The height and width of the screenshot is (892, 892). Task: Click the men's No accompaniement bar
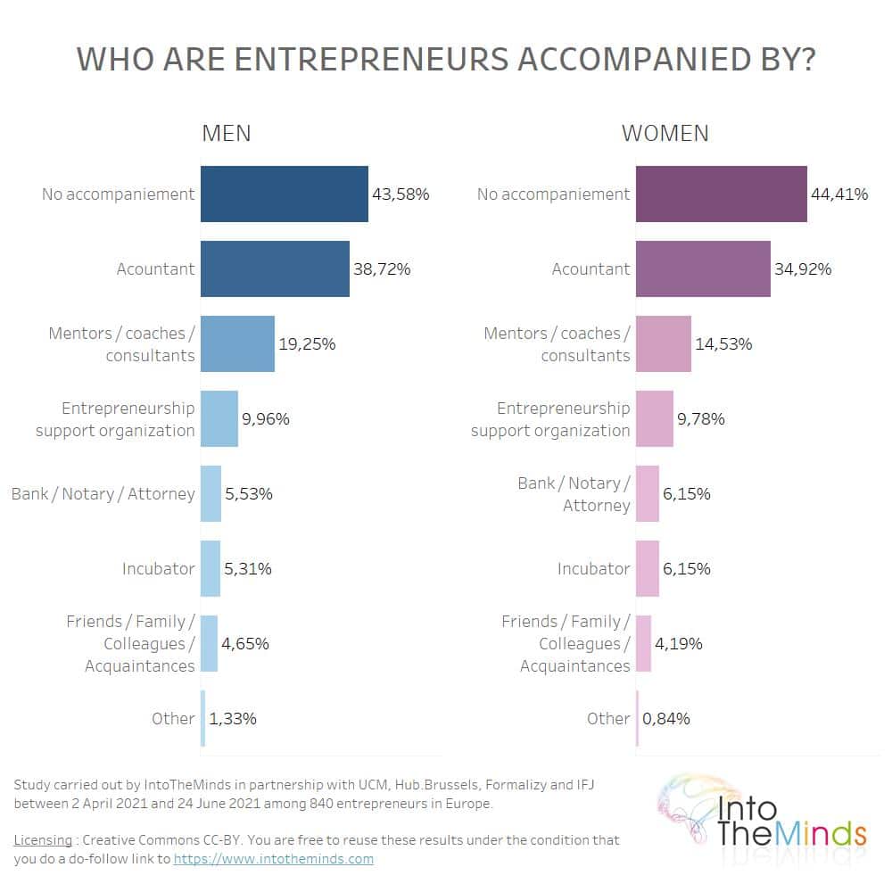pyautogui.click(x=284, y=194)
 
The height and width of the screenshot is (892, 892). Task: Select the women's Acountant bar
pyautogui.click(x=702, y=268)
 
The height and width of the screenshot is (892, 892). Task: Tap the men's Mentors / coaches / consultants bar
pyautogui.click(x=237, y=343)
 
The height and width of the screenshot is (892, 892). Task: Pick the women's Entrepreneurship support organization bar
pyautogui.click(x=654, y=418)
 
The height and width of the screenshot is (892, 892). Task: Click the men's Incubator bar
pyautogui.click(x=211, y=568)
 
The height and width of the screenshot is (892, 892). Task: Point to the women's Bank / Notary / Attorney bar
pyautogui.click(x=647, y=493)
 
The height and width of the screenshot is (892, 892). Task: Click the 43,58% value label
pyautogui.click(x=401, y=194)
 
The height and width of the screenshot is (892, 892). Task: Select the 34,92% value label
pyautogui.click(x=803, y=268)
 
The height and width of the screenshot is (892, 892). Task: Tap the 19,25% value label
pyautogui.click(x=307, y=343)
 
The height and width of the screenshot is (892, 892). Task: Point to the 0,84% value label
pyautogui.click(x=665, y=718)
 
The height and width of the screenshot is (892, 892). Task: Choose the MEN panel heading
pyautogui.click(x=226, y=133)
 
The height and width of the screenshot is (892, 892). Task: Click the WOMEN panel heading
pyautogui.click(x=665, y=133)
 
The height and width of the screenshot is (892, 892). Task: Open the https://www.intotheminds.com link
pyautogui.click(x=273, y=859)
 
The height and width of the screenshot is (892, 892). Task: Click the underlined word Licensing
pyautogui.click(x=43, y=840)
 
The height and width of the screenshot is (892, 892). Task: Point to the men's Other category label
pyautogui.click(x=173, y=718)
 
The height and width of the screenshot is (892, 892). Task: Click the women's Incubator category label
pyautogui.click(x=593, y=568)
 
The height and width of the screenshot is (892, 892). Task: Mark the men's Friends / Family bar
pyautogui.click(x=209, y=643)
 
